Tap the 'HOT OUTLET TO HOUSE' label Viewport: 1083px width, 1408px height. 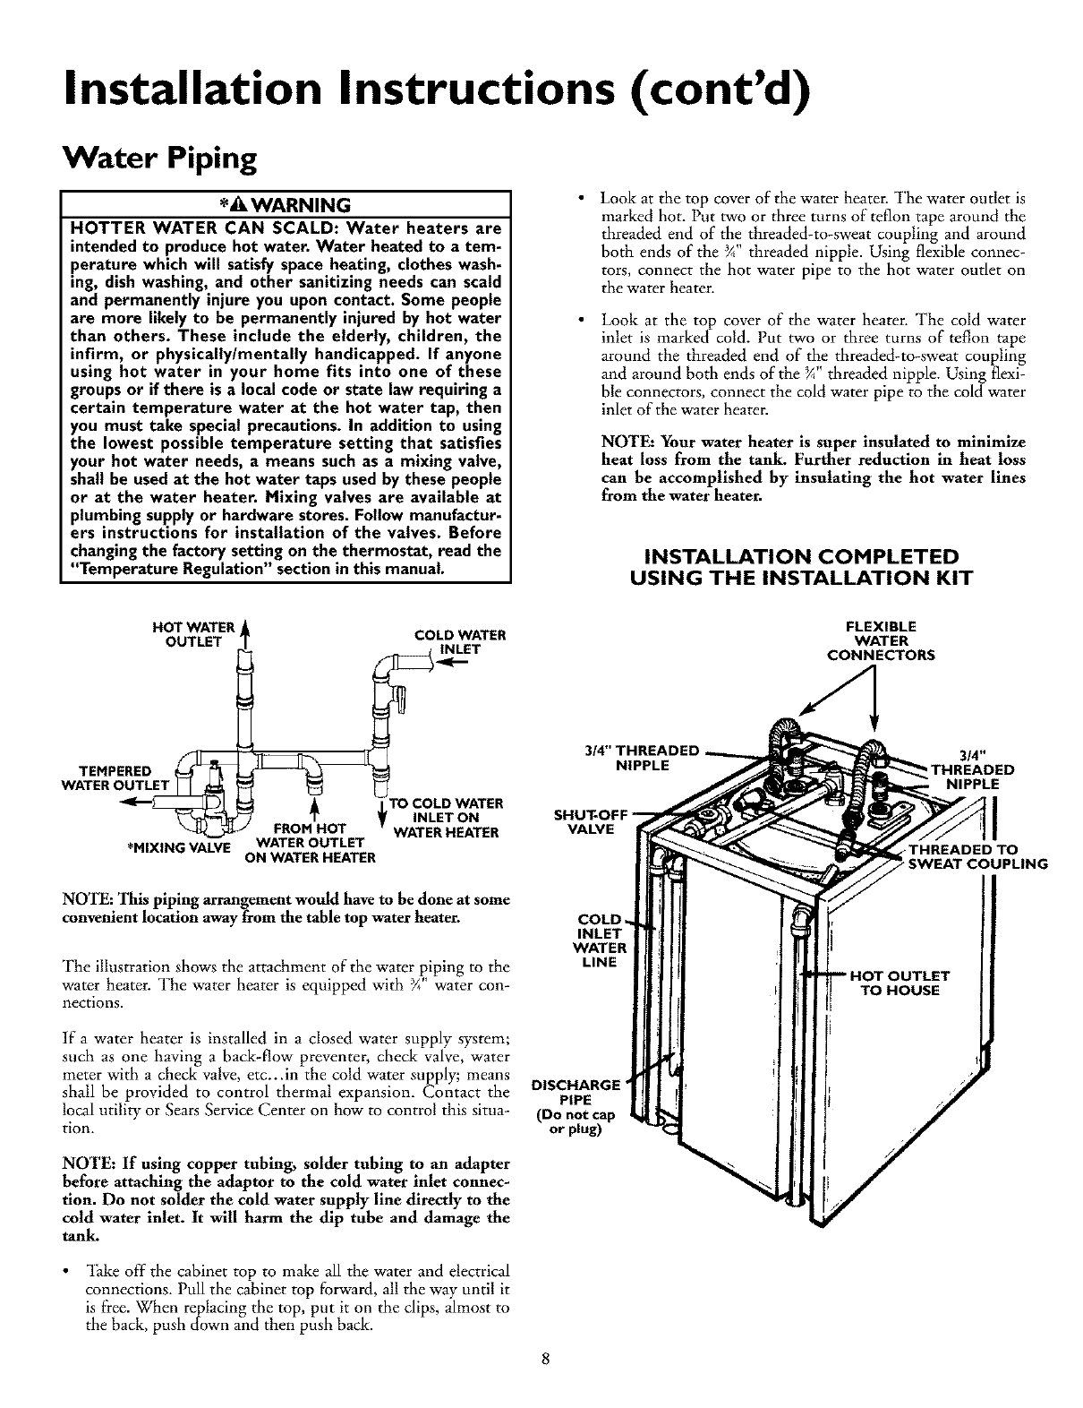(x=899, y=983)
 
